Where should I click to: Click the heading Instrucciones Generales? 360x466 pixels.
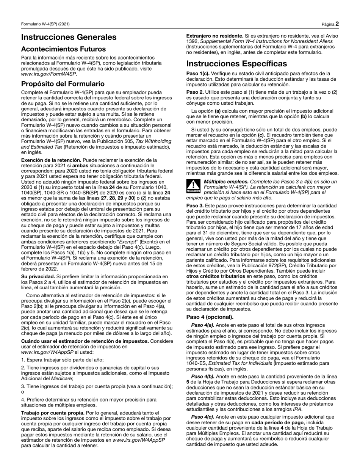[69, 37]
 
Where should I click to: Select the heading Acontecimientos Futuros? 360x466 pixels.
[63, 49]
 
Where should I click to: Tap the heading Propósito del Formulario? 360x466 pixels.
[63, 84]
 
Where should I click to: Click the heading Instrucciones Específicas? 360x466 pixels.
[236, 63]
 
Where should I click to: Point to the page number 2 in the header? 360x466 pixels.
[337, 24]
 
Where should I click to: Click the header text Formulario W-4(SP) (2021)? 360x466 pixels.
[45, 24]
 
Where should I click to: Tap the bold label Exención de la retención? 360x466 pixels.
[51, 160]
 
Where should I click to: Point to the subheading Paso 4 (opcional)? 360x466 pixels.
[210, 317]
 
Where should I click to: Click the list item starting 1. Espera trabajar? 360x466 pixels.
[62, 360]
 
